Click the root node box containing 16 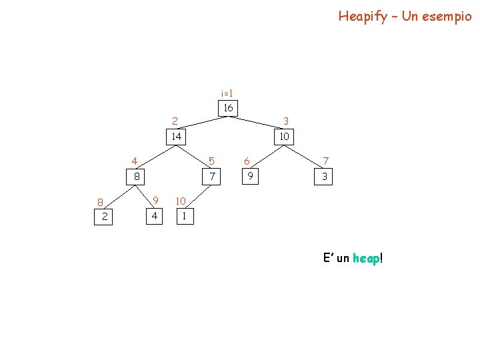[x=228, y=108]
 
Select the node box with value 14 [x=176, y=137]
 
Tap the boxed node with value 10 [x=285, y=137]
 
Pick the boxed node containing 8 [x=136, y=177]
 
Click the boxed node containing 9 [x=250, y=177]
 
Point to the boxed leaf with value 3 [x=325, y=177]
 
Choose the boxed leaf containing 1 [x=184, y=217]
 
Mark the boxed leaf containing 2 [x=105, y=217]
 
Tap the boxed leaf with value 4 [x=154, y=217]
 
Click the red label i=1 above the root [x=227, y=93]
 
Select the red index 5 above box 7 [x=211, y=161]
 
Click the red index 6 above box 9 [x=247, y=161]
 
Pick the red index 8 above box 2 [x=99, y=203]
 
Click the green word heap [x=366, y=258]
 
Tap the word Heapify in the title [x=363, y=16]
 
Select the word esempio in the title [x=445, y=16]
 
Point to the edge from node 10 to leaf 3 [x=304, y=157]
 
